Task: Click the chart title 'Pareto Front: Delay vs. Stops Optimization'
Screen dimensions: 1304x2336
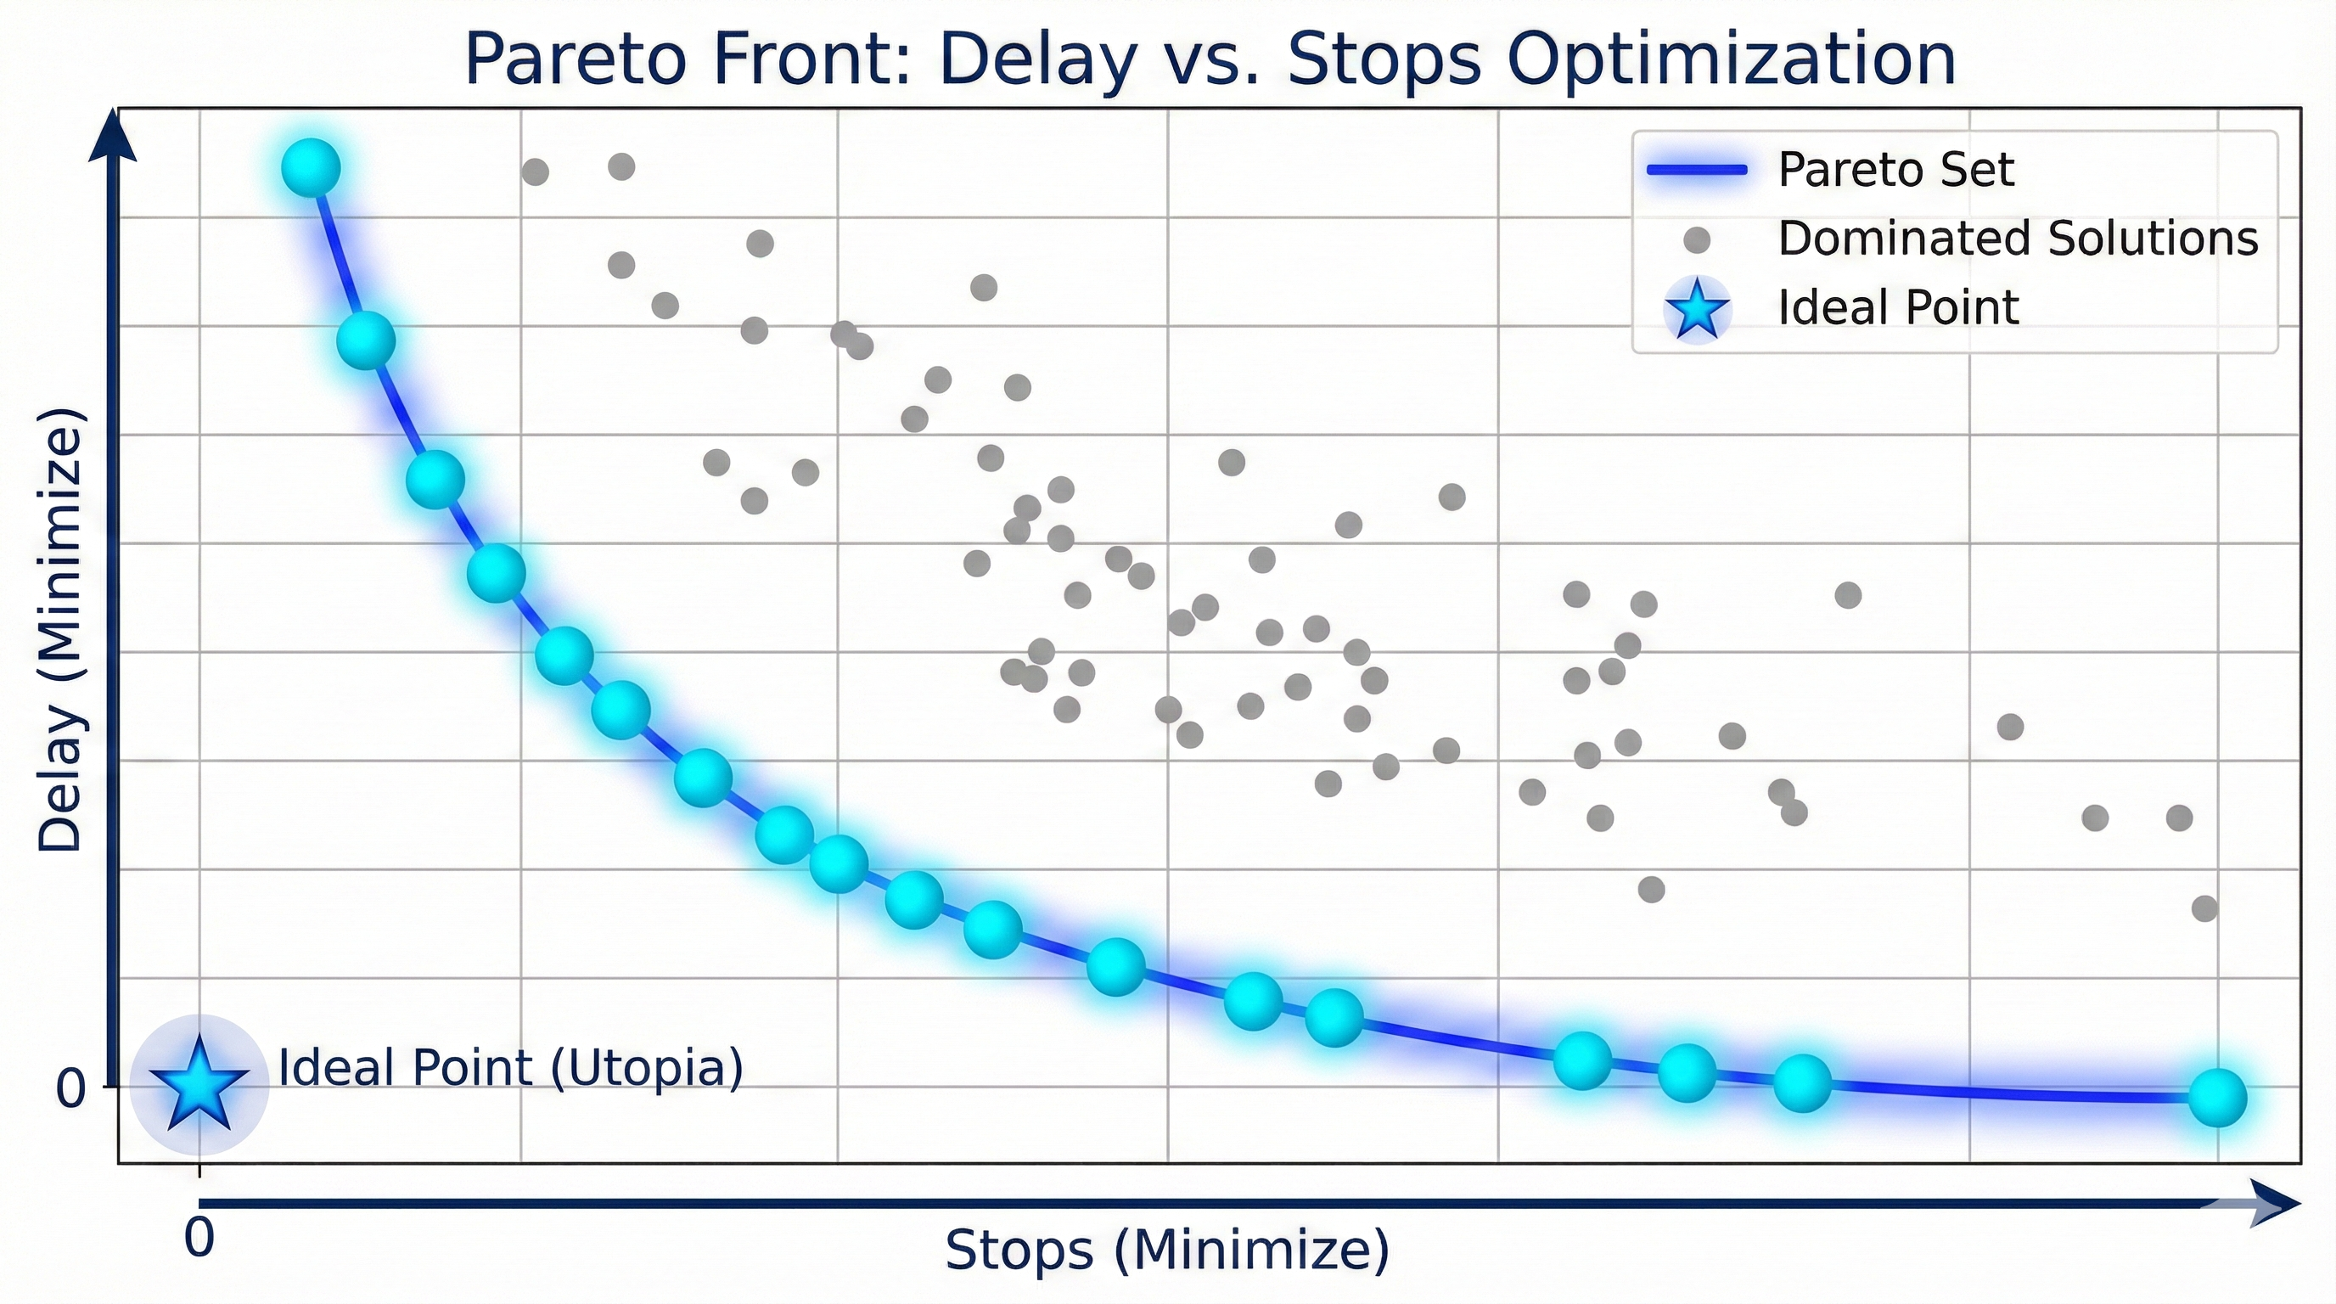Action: point(1210,59)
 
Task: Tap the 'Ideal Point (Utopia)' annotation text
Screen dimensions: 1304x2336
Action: point(510,1067)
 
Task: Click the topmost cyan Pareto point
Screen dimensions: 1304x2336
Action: point(311,168)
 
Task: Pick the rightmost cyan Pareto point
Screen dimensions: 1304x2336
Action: point(2217,1097)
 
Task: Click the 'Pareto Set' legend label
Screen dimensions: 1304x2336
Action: point(1895,170)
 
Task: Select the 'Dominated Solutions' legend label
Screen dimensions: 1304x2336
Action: point(2018,239)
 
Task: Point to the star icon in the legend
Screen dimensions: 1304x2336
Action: point(1697,309)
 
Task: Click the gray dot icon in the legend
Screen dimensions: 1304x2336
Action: point(1697,240)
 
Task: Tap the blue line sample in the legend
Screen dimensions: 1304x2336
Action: point(1697,171)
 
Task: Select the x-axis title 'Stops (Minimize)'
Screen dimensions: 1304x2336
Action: point(1167,1251)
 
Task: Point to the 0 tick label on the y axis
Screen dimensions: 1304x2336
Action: point(70,1088)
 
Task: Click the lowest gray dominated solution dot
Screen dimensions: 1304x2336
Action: point(2204,908)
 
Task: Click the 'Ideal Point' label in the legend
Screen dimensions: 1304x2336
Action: point(1898,308)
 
